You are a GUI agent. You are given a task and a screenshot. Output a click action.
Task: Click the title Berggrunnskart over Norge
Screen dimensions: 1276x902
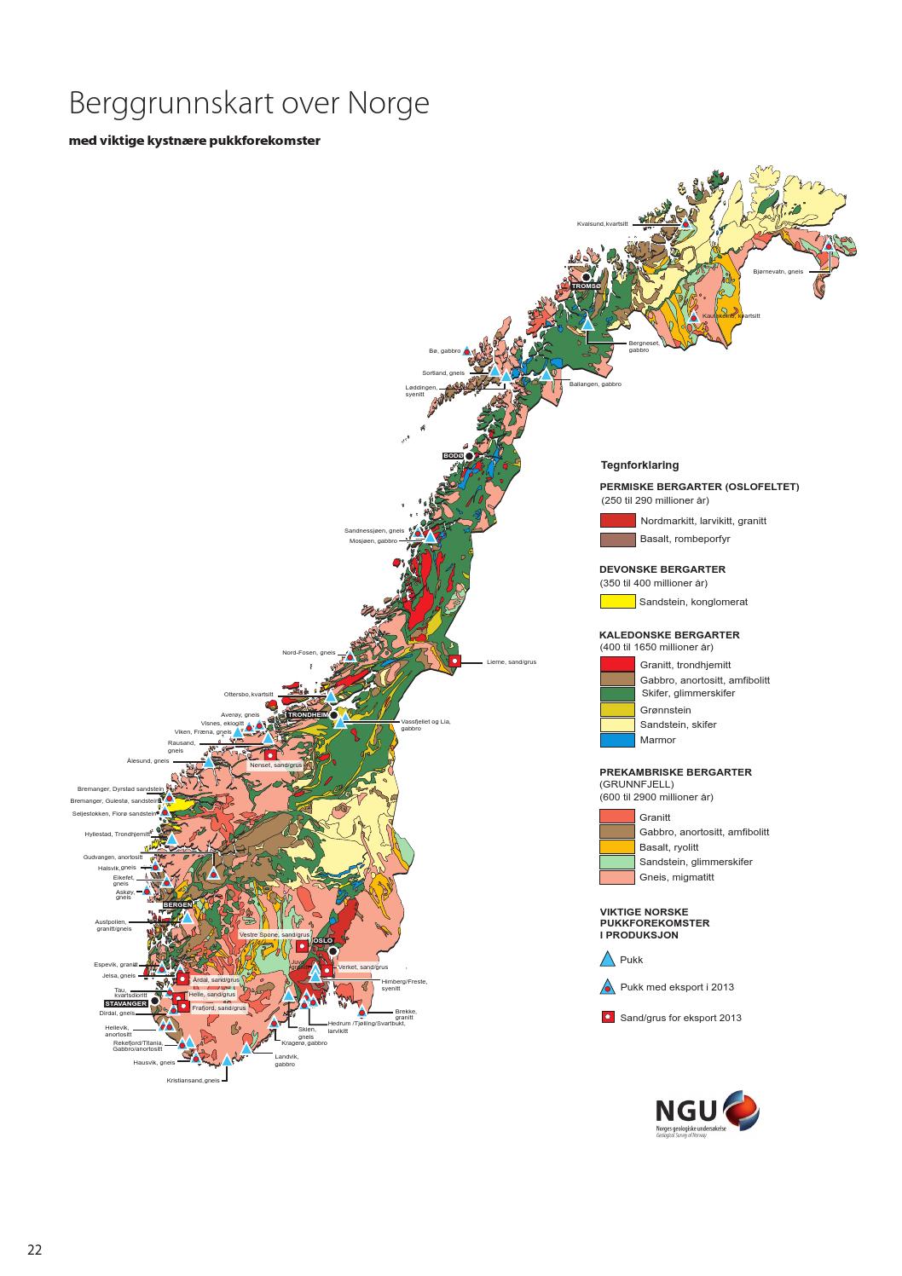248,104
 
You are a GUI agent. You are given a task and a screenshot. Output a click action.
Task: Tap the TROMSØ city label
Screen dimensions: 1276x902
587,286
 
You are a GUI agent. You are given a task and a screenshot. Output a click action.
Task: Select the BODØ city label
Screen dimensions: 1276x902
453,456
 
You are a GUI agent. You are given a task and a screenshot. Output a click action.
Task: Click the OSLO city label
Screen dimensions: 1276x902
323,940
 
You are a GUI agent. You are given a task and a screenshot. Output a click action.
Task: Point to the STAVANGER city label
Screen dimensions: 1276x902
126,1003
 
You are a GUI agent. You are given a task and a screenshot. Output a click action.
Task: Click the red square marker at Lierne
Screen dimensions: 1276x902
455,661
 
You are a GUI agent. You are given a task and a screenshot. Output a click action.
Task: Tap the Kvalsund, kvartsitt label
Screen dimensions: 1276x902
602,223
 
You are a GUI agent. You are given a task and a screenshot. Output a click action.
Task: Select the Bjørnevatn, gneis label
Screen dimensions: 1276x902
778,271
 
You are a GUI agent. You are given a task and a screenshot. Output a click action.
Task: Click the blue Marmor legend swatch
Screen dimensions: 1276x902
617,740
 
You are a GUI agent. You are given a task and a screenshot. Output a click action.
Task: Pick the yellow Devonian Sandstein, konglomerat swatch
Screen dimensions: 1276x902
617,601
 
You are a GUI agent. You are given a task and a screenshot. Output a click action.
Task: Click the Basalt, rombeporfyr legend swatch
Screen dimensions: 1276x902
617,539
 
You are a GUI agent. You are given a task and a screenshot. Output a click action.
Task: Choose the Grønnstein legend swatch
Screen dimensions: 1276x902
617,710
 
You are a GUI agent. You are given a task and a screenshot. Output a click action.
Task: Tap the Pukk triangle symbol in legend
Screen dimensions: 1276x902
608,959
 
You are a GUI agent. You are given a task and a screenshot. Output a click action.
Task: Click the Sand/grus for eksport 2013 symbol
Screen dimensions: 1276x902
608,1017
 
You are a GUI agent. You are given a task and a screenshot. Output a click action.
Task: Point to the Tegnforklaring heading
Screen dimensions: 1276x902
639,465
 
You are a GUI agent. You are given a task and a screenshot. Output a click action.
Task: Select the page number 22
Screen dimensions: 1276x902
34,1250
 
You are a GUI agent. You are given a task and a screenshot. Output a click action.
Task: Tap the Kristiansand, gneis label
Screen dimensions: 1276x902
193,1080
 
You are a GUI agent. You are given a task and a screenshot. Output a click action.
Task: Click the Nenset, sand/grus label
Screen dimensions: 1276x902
275,765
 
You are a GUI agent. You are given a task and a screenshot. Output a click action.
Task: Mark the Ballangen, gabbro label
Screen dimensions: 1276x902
595,384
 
